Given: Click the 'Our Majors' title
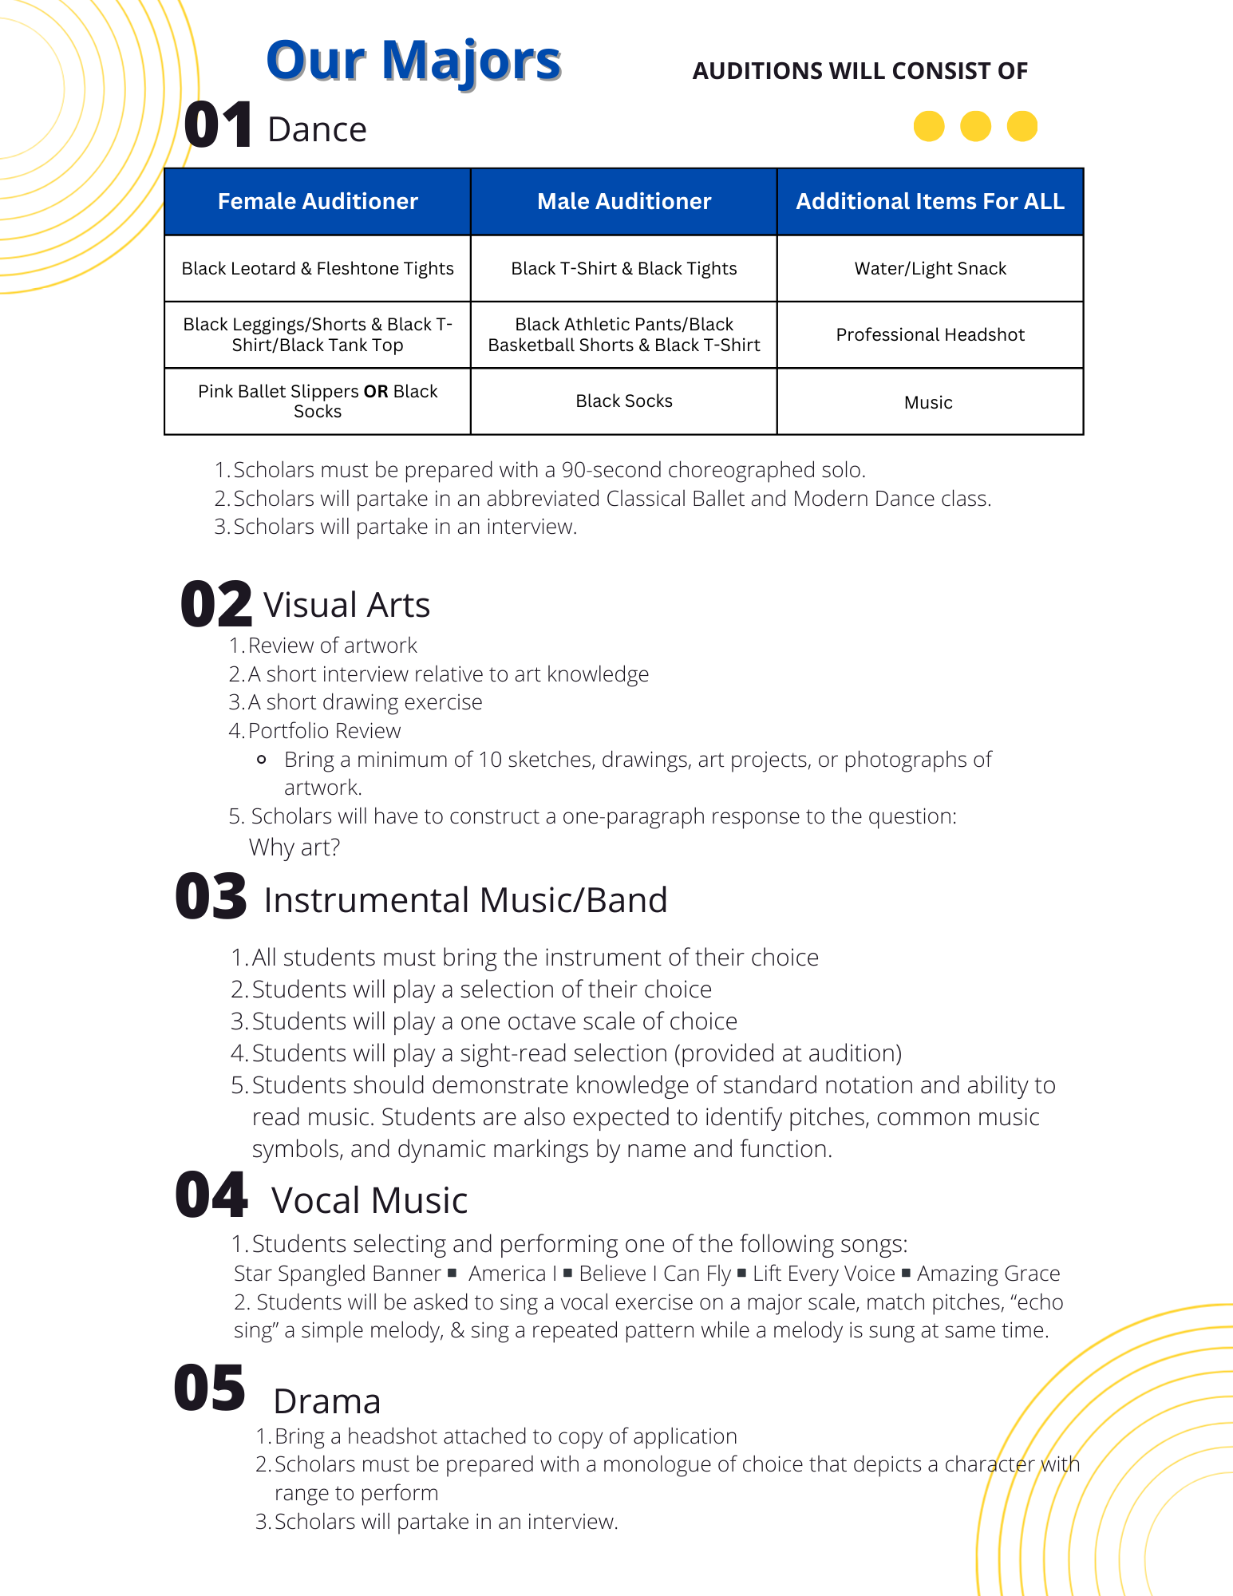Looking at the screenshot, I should tap(413, 61).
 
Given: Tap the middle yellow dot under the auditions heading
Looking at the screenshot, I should tap(975, 126).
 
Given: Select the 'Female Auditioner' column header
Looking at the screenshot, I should tap(318, 201).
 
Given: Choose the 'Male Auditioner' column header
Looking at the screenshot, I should tap(624, 201).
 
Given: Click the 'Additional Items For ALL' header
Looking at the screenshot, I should tap(930, 201).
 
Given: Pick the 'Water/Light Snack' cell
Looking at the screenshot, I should tap(930, 269).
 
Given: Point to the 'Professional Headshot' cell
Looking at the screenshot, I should tap(930, 335).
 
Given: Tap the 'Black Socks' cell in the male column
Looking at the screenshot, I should tap(624, 401).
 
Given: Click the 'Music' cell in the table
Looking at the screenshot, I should tap(928, 403).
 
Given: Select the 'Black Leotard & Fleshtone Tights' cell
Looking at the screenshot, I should tap(318, 269).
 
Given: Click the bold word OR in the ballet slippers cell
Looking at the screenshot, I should tap(375, 392).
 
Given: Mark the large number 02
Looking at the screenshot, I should tap(215, 604).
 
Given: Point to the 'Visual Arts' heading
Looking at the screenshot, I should tap(347, 605).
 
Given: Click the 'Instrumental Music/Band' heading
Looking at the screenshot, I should tap(465, 900).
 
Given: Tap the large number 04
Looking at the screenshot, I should tap(211, 1195).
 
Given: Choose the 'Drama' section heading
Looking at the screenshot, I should tap(327, 1401).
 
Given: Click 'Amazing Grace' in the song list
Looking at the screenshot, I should tap(988, 1274).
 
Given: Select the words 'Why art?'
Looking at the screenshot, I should tap(294, 847).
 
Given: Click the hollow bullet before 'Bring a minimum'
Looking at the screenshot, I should tap(261, 760).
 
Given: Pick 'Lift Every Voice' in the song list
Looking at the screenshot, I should tap(824, 1274).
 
